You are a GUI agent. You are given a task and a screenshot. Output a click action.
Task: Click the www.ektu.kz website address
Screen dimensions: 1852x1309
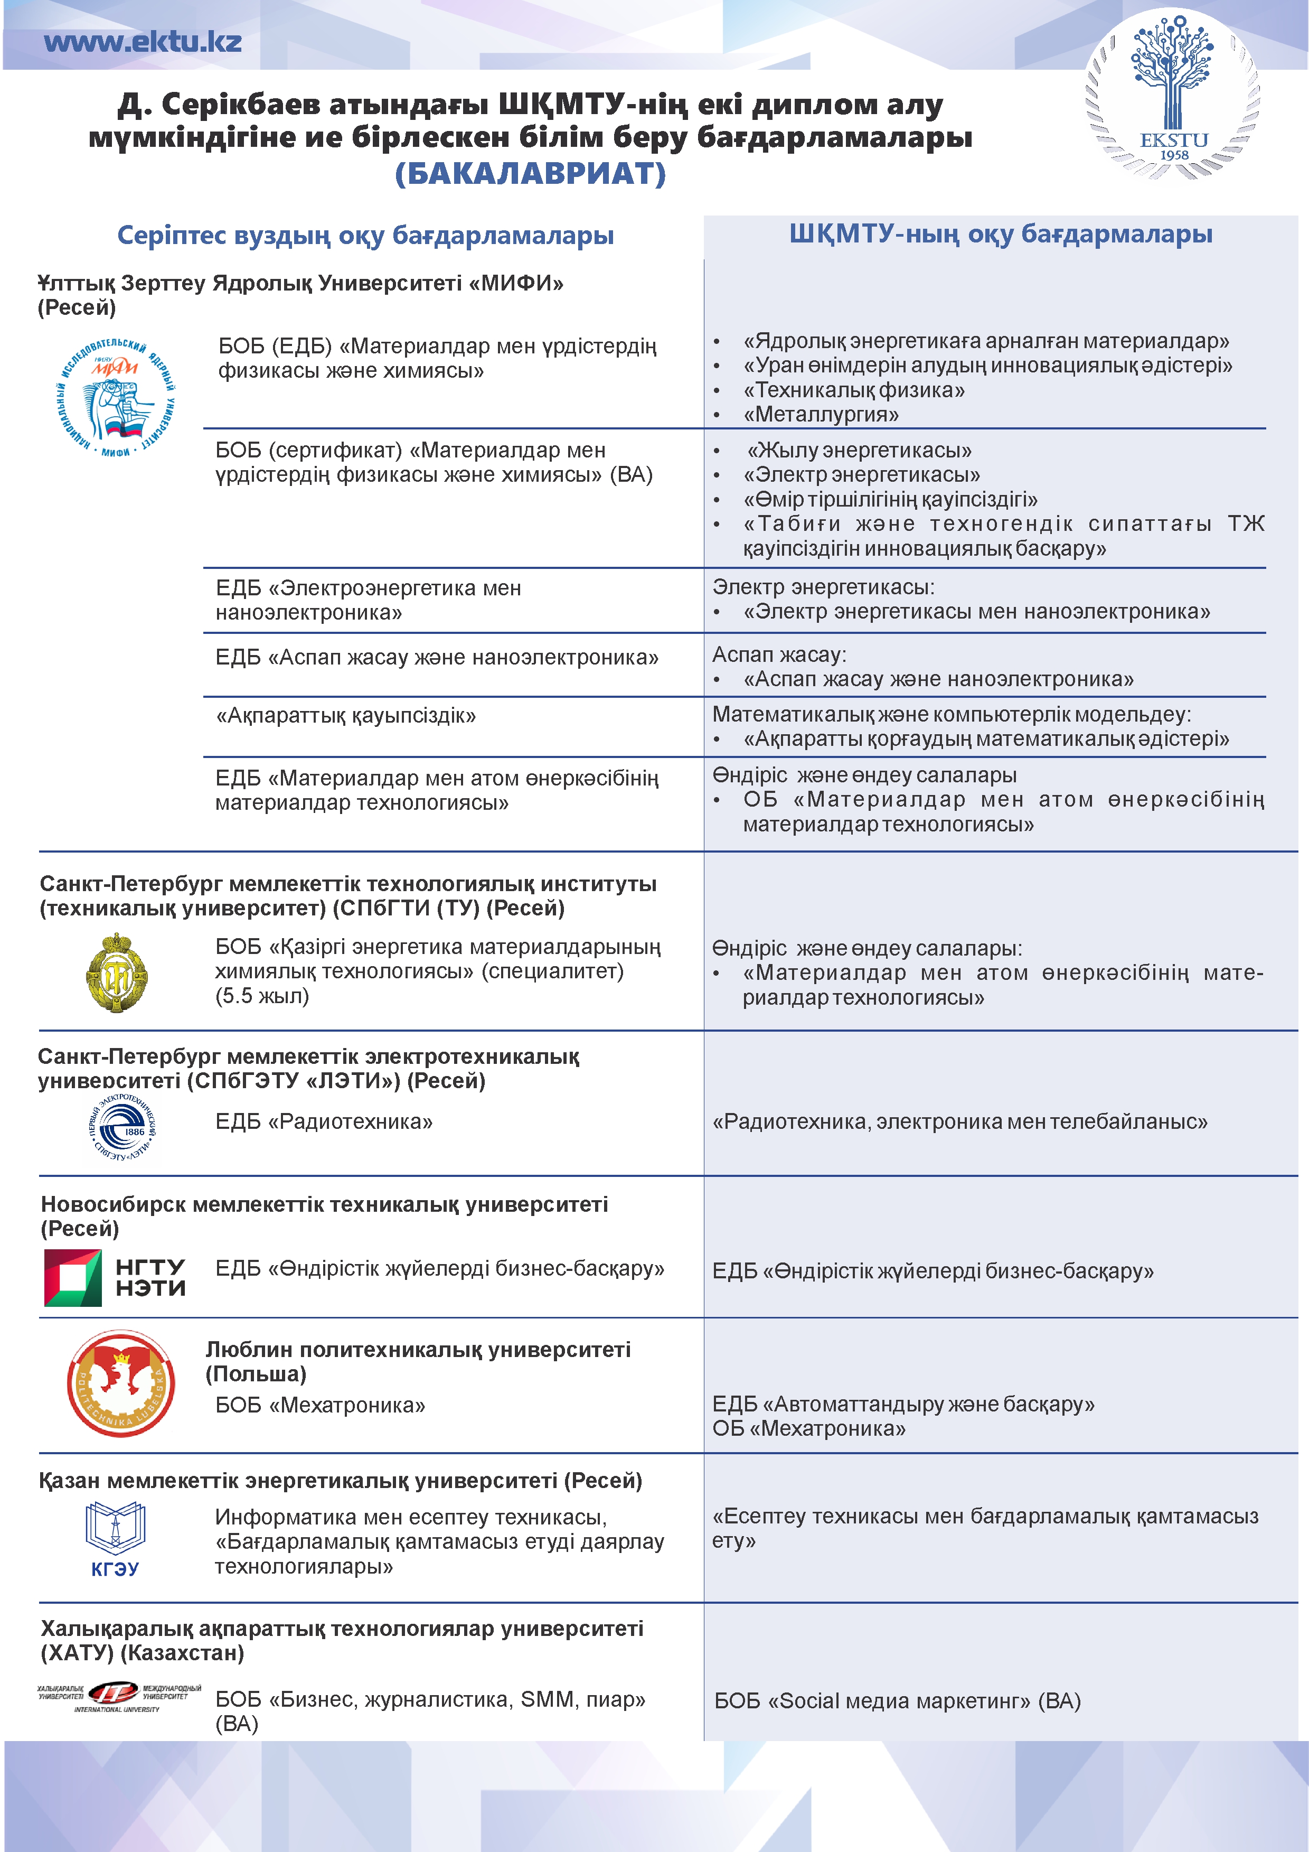coord(143,42)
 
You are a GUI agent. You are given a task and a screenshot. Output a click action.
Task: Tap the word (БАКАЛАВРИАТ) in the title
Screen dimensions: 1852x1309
coord(530,173)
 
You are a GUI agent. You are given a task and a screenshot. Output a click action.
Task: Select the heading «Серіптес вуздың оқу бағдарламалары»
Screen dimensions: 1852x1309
coord(365,236)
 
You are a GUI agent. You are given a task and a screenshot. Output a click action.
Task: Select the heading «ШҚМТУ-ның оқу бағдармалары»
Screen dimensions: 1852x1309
coord(1000,234)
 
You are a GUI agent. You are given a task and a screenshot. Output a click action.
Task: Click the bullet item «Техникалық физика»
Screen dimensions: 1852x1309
coord(853,390)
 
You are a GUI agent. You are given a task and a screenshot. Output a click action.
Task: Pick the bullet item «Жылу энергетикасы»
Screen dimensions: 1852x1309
coord(859,450)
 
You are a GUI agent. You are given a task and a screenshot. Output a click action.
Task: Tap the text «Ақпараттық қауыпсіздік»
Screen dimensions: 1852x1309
coord(345,715)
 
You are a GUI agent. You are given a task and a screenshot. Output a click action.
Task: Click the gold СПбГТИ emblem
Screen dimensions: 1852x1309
coord(117,972)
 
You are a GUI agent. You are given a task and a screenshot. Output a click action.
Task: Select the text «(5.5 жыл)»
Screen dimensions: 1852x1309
coord(262,996)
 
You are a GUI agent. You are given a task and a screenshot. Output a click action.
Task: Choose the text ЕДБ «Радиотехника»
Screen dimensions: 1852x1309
coord(323,1121)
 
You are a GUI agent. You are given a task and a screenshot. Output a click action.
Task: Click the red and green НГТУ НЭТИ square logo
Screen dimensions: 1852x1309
coord(73,1278)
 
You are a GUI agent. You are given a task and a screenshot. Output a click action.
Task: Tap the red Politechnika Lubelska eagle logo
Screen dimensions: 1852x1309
coord(121,1383)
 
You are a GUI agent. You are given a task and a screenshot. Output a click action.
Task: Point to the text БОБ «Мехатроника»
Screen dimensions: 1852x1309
coord(319,1405)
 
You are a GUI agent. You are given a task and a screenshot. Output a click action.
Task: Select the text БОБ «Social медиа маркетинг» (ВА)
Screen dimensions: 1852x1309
coord(897,1701)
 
